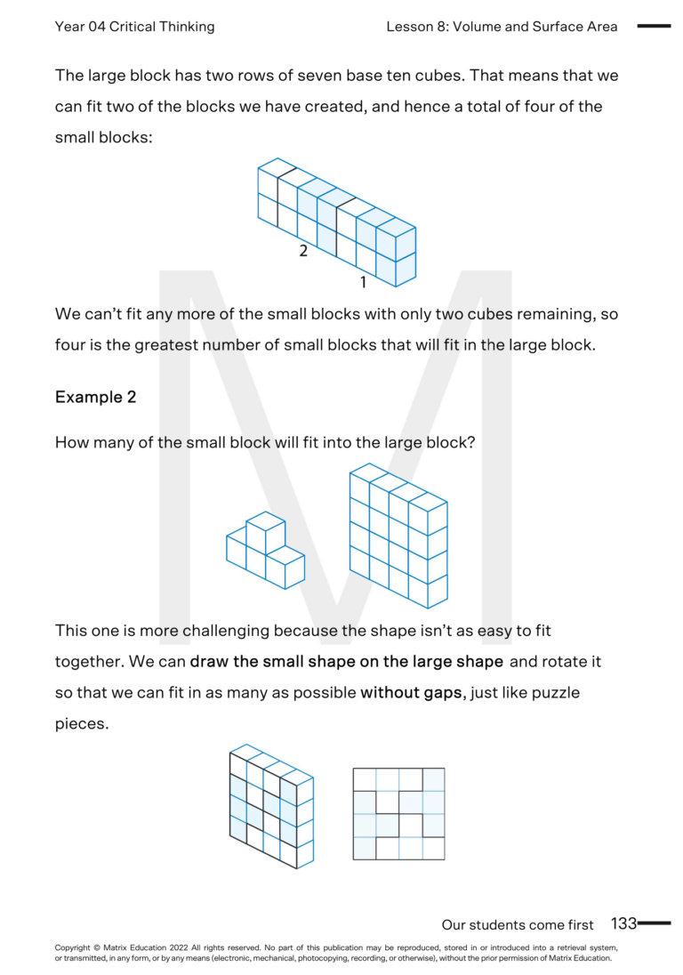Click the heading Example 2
click(x=96, y=398)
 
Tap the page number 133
click(x=623, y=924)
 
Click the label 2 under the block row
click(x=303, y=251)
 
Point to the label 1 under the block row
click(x=363, y=283)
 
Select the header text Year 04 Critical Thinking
click(x=134, y=27)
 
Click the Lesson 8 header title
click(x=502, y=27)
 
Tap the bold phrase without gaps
click(x=412, y=692)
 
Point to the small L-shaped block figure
click(x=265, y=551)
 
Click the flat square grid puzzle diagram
click(x=398, y=814)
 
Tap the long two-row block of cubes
click(x=337, y=223)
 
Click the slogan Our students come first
click(x=518, y=925)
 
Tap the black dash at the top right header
click(x=654, y=27)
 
